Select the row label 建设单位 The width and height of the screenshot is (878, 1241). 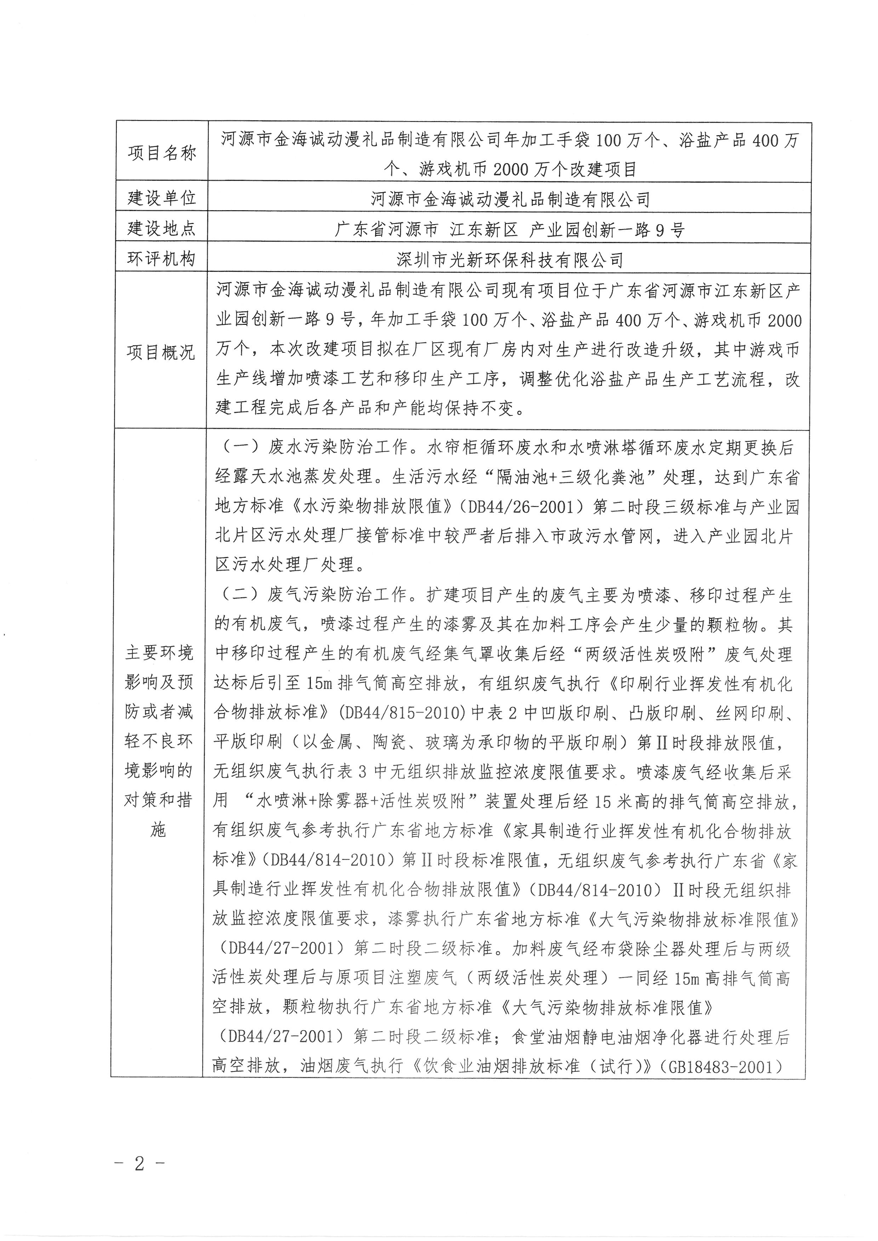tap(161, 199)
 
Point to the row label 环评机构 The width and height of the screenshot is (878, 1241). tap(161, 259)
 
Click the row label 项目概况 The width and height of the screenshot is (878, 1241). tap(161, 352)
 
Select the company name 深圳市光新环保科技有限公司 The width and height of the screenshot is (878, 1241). tap(509, 260)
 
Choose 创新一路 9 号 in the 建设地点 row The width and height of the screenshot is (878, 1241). tap(633, 231)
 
